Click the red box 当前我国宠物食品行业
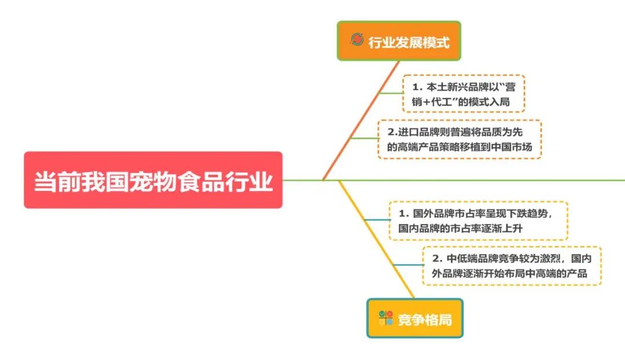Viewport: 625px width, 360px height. [x=153, y=180]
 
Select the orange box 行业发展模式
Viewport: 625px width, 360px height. [x=399, y=41]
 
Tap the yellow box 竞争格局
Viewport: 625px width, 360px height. [x=415, y=318]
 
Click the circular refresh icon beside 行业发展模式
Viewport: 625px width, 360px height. [x=357, y=40]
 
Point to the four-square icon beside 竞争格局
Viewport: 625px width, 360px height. [x=385, y=318]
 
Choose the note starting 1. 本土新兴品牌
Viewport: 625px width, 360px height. [x=464, y=94]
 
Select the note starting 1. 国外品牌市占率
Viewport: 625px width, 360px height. [x=478, y=221]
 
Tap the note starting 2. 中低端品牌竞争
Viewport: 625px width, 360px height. [x=512, y=266]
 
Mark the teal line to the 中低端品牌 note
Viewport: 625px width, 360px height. [x=408, y=265]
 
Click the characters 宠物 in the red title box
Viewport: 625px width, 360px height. [x=153, y=181]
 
